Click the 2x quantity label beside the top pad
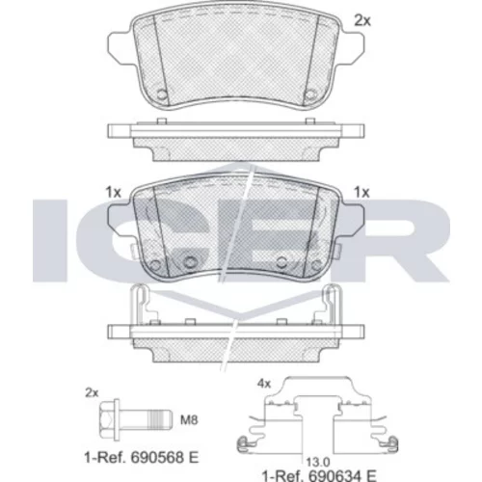point(362,21)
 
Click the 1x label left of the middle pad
point(114,193)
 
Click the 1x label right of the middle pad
point(361,193)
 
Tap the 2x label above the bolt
point(92,392)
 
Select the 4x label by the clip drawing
point(264,384)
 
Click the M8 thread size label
point(189,420)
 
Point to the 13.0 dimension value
point(318,463)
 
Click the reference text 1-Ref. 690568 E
point(142,457)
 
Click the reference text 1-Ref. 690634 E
point(319,475)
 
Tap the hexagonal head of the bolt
point(107,419)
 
